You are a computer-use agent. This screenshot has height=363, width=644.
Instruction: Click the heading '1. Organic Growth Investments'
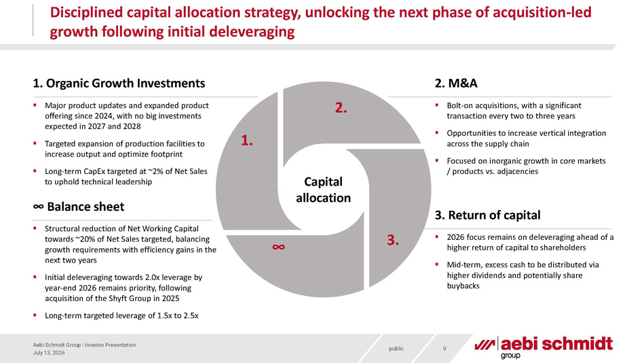(119, 83)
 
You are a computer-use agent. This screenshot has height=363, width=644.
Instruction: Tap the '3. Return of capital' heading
(487, 215)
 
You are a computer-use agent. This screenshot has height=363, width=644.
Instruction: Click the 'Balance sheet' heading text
(86, 207)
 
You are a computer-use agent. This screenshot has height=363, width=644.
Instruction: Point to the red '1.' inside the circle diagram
(247, 140)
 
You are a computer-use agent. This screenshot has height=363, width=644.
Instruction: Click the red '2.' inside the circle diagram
(341, 107)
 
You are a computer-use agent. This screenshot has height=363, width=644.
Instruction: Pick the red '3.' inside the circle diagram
(393, 240)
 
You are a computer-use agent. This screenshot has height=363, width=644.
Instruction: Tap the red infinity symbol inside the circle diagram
(278, 247)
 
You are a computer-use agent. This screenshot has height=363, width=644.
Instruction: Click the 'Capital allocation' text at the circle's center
(323, 190)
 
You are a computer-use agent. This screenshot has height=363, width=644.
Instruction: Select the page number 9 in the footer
(444, 349)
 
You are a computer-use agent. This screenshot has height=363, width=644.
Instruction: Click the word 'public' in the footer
(396, 349)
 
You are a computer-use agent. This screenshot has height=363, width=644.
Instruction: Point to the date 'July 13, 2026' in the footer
(49, 353)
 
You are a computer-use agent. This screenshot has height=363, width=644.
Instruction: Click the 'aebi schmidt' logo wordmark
(556, 344)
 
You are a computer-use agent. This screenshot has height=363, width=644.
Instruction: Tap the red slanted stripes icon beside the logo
(485, 345)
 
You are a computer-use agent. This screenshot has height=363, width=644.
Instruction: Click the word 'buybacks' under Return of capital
(463, 286)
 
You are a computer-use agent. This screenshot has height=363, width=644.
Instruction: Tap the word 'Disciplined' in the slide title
(86, 13)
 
